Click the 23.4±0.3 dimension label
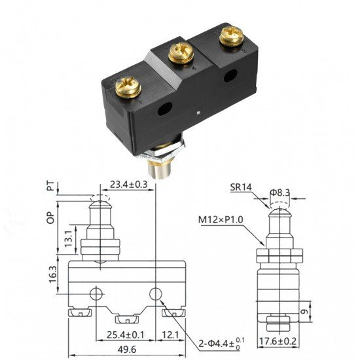(128, 185)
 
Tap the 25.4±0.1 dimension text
(126, 335)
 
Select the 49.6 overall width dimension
(127, 350)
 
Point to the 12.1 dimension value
(170, 335)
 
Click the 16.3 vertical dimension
(52, 274)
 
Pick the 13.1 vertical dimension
(69, 239)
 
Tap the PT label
(51, 186)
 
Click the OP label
(51, 217)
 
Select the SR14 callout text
(241, 188)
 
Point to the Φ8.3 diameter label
(280, 192)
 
